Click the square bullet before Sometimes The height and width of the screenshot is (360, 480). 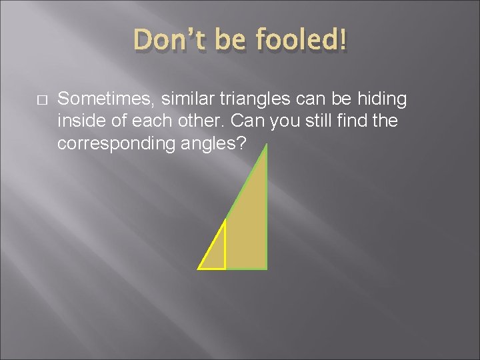point(41,99)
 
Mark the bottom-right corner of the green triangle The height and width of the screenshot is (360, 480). point(267,269)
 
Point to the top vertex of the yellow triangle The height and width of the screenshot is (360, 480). point(225,219)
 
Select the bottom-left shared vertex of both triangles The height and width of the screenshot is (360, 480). point(199,269)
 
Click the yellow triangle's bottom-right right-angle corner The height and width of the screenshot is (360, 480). point(225,269)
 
